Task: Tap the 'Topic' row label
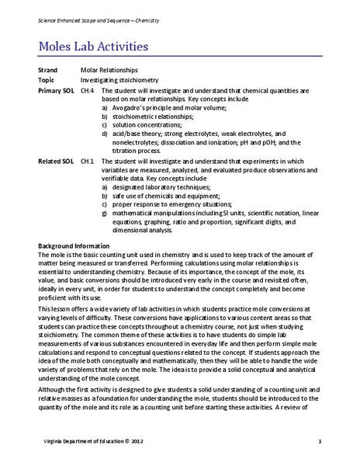pos(47,80)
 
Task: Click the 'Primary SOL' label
pos(57,90)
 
